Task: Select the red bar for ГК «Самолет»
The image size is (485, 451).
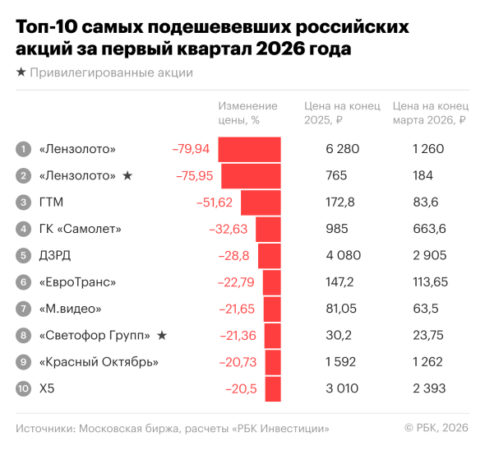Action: pos(269,229)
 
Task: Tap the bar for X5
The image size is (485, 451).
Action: pos(273,388)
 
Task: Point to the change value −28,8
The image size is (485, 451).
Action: pos(233,256)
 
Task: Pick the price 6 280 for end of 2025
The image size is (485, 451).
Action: pos(343,149)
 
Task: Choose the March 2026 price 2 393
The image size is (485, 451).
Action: pos(427,388)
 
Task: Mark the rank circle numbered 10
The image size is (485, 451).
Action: pos(23,388)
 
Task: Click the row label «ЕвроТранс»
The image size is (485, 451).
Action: pos(77,282)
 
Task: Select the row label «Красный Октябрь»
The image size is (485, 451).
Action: pos(99,362)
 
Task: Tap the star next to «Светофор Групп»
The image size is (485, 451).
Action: pos(162,335)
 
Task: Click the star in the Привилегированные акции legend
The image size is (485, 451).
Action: pos(21,72)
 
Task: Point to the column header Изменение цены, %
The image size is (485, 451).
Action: pos(247,113)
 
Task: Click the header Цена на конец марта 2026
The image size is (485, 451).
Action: pos(430,113)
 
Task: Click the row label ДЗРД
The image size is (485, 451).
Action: pos(55,256)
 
